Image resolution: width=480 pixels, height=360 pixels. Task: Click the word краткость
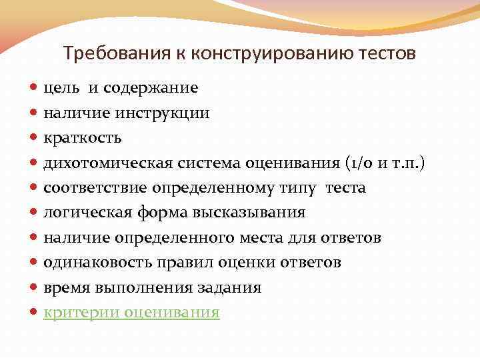[83, 138]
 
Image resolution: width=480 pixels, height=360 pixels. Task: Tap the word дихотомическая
[107, 163]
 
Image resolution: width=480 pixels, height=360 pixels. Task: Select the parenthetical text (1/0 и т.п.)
[385, 163]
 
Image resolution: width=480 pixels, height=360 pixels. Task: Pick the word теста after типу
[345, 188]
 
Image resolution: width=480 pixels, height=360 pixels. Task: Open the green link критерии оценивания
[131, 313]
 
